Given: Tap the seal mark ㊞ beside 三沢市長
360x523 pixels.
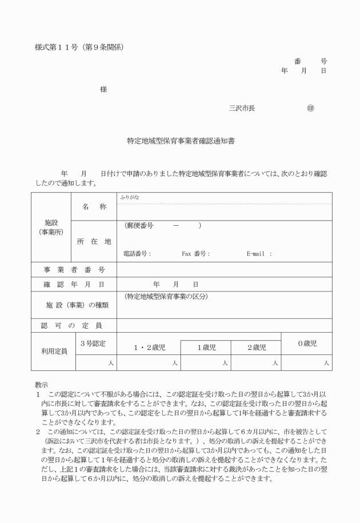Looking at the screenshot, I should [310, 108].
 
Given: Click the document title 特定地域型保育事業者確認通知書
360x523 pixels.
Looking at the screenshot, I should [181, 140].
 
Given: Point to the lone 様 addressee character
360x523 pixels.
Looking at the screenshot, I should [103, 89].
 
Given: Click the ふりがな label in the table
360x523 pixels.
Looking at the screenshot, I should [130, 197].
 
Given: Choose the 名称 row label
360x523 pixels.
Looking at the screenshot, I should [94, 207].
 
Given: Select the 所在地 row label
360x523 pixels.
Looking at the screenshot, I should [94, 241].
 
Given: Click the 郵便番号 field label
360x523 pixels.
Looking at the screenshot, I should [139, 226].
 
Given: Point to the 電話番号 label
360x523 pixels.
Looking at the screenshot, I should [137, 254].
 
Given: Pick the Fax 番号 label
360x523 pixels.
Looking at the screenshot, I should [196, 254].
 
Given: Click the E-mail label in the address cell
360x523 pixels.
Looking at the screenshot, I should [259, 254].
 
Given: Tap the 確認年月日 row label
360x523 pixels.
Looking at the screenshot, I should [74, 284].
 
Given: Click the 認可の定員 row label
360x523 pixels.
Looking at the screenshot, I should [74, 326].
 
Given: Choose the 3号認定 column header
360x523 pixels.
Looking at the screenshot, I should [94, 343].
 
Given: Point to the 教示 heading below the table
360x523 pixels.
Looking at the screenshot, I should [42, 385].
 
